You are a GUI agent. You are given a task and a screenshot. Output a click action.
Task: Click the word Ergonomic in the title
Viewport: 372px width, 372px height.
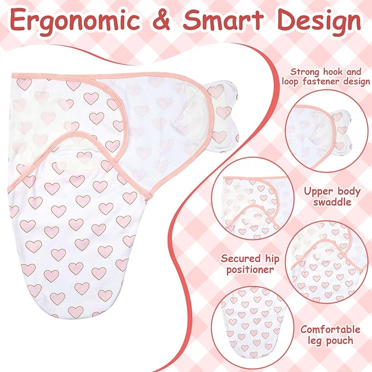tap(75, 20)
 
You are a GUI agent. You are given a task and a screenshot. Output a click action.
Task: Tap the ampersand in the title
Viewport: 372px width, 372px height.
tap(162, 20)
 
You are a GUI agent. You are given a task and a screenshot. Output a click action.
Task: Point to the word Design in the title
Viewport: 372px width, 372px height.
tap(319, 20)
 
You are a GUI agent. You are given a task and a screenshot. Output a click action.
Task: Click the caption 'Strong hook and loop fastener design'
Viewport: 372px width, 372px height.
tap(325, 77)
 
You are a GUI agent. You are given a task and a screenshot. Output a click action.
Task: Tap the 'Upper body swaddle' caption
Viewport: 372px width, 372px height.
tap(332, 197)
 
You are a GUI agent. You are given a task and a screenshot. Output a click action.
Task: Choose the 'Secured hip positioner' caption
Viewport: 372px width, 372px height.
tap(250, 264)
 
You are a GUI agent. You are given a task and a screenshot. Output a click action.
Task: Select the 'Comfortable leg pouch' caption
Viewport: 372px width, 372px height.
tap(330, 335)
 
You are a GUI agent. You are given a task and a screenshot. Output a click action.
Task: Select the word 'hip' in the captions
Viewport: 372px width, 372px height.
tap(269, 259)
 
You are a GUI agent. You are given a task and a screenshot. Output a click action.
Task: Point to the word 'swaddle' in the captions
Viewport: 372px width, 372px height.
tap(332, 202)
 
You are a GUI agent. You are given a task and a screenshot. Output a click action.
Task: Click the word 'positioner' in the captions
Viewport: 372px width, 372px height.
tap(250, 270)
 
